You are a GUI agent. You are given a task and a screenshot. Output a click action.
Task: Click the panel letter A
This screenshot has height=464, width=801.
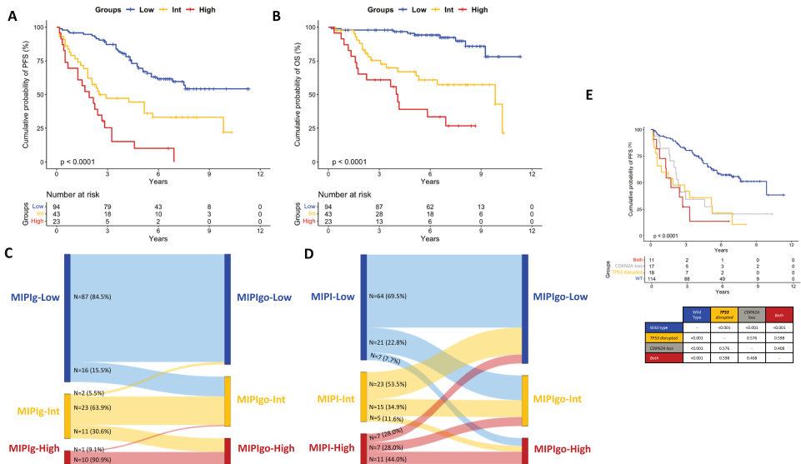pos(13,16)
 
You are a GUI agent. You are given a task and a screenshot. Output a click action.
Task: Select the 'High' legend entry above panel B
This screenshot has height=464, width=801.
pos(479,10)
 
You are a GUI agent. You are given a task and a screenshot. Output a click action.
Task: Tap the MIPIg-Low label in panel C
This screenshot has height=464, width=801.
pos(35,297)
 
